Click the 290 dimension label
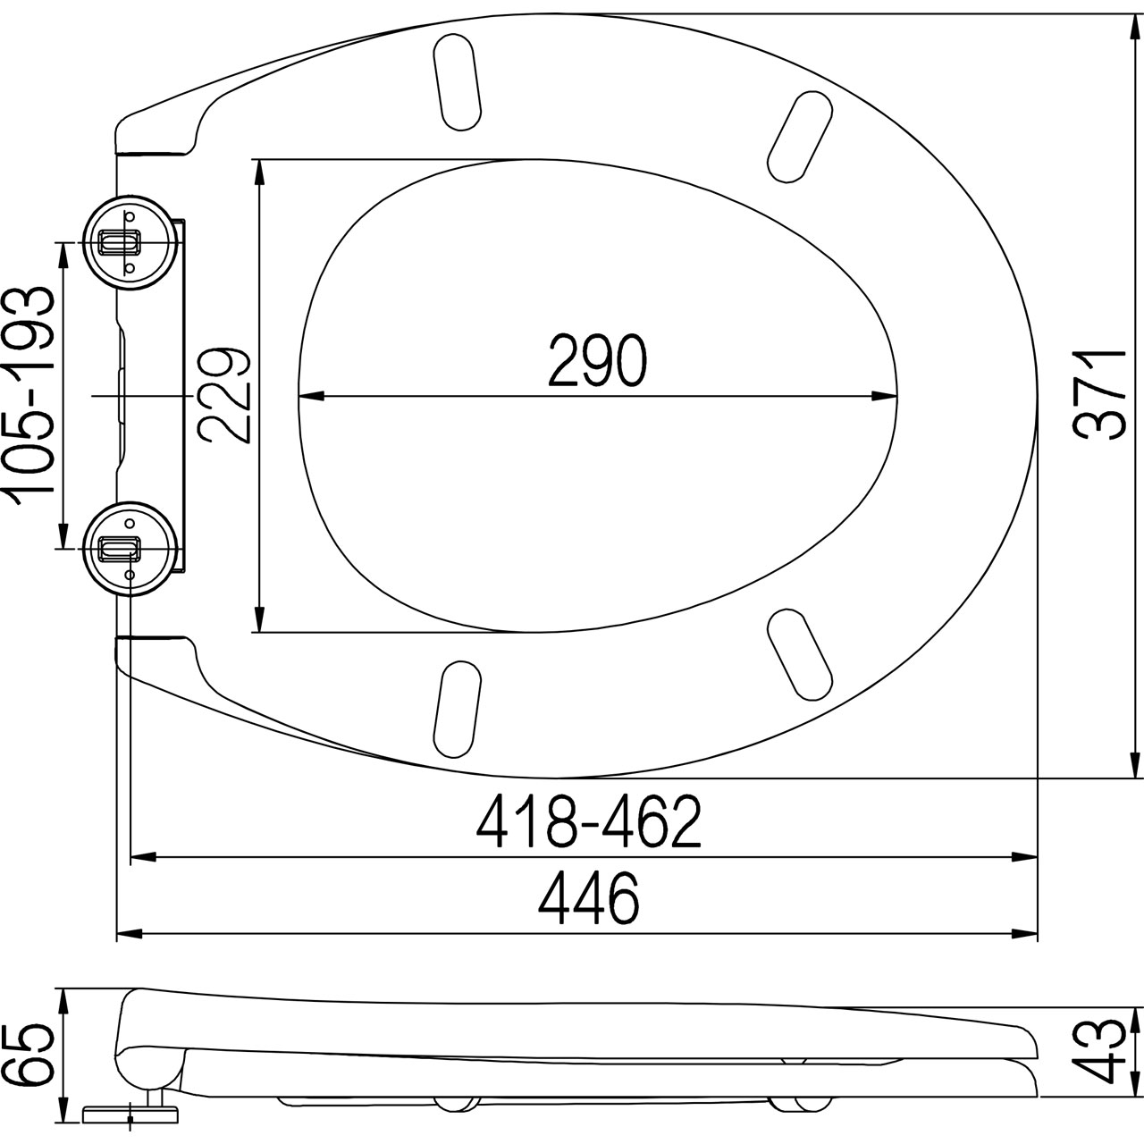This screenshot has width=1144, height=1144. tap(597, 360)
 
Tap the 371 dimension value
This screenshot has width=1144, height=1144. tap(1101, 395)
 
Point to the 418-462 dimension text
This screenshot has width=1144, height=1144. tap(589, 822)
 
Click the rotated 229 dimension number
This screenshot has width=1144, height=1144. tap(225, 395)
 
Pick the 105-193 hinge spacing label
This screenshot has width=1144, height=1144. tap(29, 395)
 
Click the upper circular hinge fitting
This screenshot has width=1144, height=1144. tap(130, 243)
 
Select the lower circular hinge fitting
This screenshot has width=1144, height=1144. tap(130, 549)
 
